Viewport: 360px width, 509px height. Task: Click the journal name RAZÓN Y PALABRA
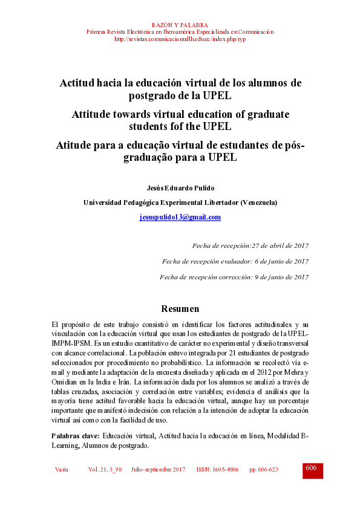180,25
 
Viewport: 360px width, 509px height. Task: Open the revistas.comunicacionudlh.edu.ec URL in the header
180,39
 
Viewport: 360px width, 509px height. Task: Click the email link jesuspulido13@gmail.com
180,217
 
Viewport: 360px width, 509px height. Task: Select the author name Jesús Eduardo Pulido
180,188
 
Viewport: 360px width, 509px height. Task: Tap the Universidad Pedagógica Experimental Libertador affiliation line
180,203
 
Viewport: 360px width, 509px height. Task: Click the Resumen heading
180,308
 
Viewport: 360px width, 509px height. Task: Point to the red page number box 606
312,470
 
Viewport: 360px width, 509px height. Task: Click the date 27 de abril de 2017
280,245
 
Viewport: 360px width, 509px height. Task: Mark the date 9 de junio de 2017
281,277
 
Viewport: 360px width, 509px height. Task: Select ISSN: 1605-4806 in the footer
217,470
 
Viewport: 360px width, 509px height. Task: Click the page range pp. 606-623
264,470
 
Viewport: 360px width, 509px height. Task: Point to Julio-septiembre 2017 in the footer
159,470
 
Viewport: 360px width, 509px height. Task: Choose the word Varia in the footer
61,470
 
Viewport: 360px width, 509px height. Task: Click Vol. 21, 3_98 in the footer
105,470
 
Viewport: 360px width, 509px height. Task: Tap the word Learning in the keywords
67,445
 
